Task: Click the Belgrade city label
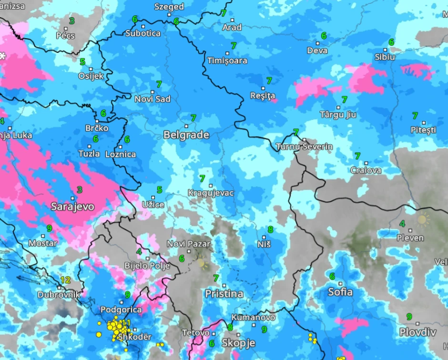[x=186, y=135]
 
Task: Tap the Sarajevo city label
[x=72, y=207]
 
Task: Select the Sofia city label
[x=340, y=292]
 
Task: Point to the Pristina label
[x=224, y=294]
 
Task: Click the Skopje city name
[x=238, y=343]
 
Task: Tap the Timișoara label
[x=227, y=61]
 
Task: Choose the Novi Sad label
[x=153, y=99]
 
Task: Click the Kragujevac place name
[x=211, y=193]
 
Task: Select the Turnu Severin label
[x=304, y=146]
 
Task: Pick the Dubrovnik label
[x=59, y=295]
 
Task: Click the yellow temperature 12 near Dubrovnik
[x=65, y=280]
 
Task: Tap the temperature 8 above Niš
[x=270, y=229]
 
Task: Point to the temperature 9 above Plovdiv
[x=409, y=317]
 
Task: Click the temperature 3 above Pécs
[x=71, y=21]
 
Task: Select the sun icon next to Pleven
[x=422, y=220]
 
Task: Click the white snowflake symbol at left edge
[x=3, y=56]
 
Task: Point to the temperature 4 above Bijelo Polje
[x=139, y=252]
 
